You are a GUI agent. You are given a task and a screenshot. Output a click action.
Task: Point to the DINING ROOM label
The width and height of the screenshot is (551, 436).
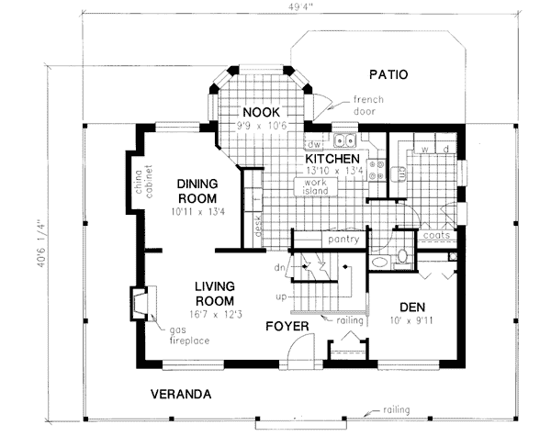coord(197,190)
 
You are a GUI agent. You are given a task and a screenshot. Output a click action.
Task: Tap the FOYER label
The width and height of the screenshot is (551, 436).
coord(287,326)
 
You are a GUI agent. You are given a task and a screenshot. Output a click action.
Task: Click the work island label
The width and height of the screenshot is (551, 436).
coord(310,186)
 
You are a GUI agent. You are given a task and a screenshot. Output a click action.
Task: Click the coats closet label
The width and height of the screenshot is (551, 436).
coord(437,236)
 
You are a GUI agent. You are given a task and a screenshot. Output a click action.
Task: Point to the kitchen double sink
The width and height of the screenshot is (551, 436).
coord(345,141)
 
